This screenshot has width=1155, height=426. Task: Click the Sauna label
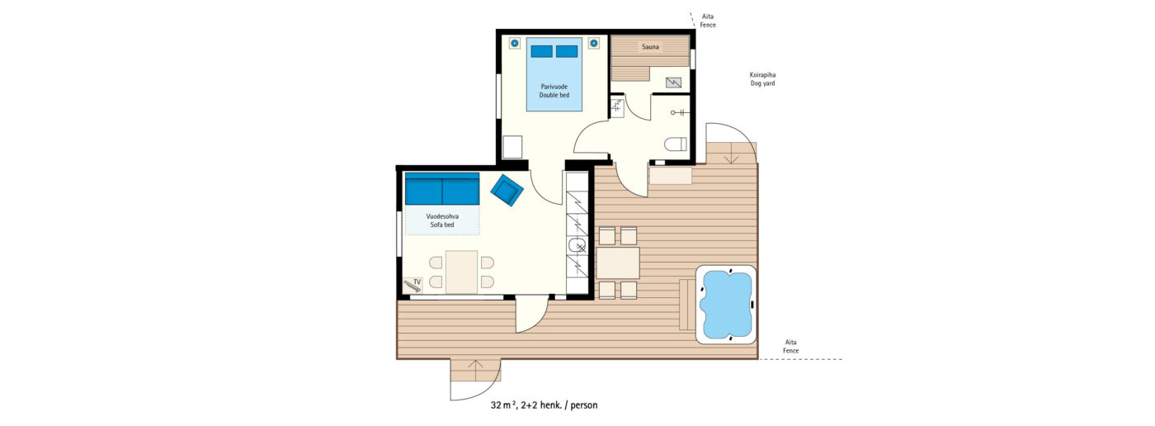(x=650, y=47)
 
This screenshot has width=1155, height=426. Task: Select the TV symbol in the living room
(x=413, y=284)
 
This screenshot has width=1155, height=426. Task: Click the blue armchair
(x=507, y=190)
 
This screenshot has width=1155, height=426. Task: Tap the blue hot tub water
(x=726, y=304)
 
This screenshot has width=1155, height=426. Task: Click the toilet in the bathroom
(x=676, y=144)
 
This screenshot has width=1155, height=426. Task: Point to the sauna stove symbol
(x=673, y=83)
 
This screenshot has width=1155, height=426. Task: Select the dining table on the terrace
(x=618, y=263)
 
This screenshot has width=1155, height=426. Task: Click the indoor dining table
(x=461, y=272)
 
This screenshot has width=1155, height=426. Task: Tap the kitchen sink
(x=577, y=245)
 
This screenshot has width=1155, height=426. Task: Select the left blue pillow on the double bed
(x=541, y=51)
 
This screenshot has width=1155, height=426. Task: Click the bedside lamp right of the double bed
(x=593, y=43)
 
